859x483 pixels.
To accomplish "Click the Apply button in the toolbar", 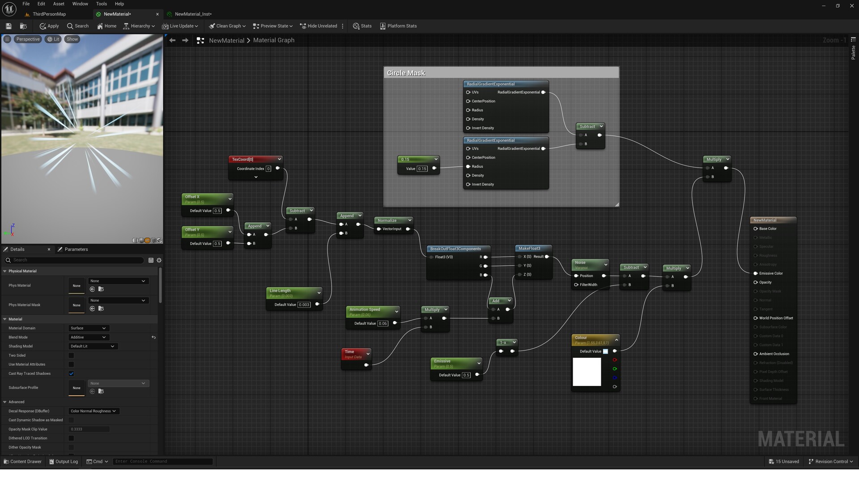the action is [49, 26].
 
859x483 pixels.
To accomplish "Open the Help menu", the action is [119, 4].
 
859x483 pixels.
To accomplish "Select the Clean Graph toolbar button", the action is [227, 26].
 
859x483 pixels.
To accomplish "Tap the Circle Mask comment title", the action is [406, 73].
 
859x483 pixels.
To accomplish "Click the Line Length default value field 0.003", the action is [304, 305].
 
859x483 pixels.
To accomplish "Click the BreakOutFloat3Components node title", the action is [455, 249].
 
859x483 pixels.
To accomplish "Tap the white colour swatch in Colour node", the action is [587, 372].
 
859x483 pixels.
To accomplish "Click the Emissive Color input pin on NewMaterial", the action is [756, 273].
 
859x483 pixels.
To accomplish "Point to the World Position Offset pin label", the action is [776, 318].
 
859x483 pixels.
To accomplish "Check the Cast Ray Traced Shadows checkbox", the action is [71, 373].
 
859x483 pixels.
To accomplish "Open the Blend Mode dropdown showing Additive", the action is [88, 337].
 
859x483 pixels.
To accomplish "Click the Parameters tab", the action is [76, 249].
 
